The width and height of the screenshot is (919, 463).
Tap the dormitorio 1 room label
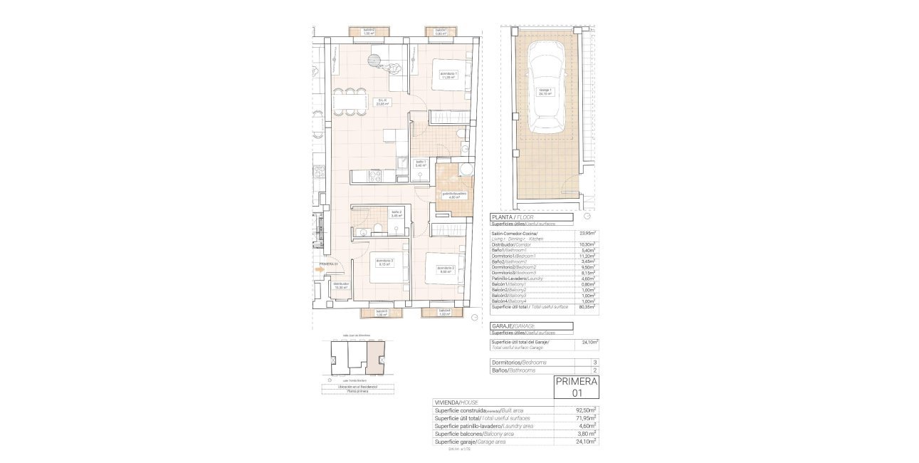pyautogui.click(x=447, y=75)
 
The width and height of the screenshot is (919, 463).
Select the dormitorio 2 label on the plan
pyautogui.click(x=446, y=269)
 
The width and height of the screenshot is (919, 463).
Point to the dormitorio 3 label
pyautogui.click(x=385, y=262)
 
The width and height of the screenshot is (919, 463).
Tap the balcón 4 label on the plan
pyautogui.click(x=444, y=312)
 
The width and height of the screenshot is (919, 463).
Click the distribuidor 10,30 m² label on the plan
pyautogui.click(x=341, y=285)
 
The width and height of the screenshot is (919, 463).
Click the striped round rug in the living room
pyautogui.click(x=376, y=59)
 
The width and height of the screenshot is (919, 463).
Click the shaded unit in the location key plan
pyautogui.click(x=374, y=357)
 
